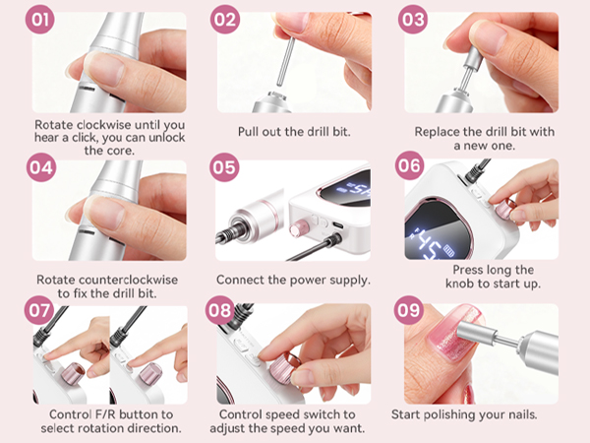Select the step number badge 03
[x=410, y=19]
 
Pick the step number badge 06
[x=410, y=165]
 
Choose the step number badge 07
[x=40, y=312]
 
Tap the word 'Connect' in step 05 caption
[x=243, y=280]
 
